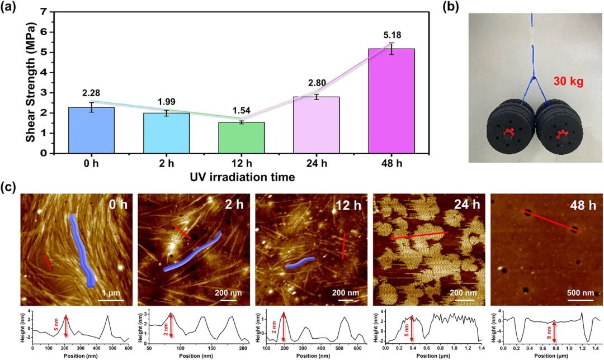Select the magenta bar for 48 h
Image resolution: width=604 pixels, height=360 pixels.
click(391, 101)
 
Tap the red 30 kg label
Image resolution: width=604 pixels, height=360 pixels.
click(569, 82)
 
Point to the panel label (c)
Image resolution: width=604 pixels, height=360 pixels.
click(10, 187)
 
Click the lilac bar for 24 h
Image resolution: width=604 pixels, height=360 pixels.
click(318, 125)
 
